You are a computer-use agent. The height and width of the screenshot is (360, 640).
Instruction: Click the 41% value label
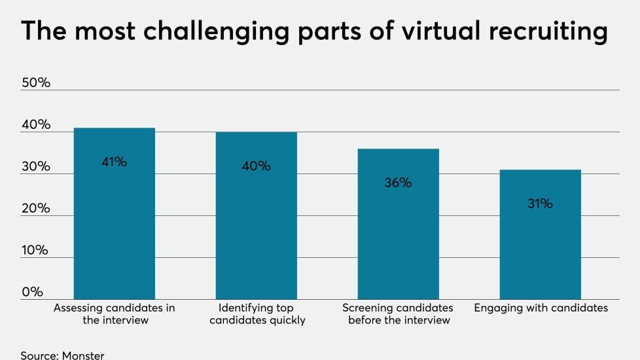114,162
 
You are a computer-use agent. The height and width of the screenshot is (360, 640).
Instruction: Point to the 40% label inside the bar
256,166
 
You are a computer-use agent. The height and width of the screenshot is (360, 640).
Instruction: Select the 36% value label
398,183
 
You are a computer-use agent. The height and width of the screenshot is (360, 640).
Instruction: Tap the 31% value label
540,204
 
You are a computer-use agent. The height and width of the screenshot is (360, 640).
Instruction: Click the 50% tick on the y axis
36,83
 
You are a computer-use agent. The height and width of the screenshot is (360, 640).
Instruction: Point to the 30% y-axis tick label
36,167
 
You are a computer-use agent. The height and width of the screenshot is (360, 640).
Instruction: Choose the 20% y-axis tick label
36,209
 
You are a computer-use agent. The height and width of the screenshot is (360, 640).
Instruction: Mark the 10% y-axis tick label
35,251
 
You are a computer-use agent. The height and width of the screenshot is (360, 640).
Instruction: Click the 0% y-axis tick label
32,292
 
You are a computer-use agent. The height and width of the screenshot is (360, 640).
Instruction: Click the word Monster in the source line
83,355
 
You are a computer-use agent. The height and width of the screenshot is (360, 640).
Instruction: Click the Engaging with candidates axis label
540,308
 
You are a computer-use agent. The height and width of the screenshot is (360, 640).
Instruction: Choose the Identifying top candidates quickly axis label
256,314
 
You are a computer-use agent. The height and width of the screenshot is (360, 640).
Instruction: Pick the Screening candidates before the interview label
398,314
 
